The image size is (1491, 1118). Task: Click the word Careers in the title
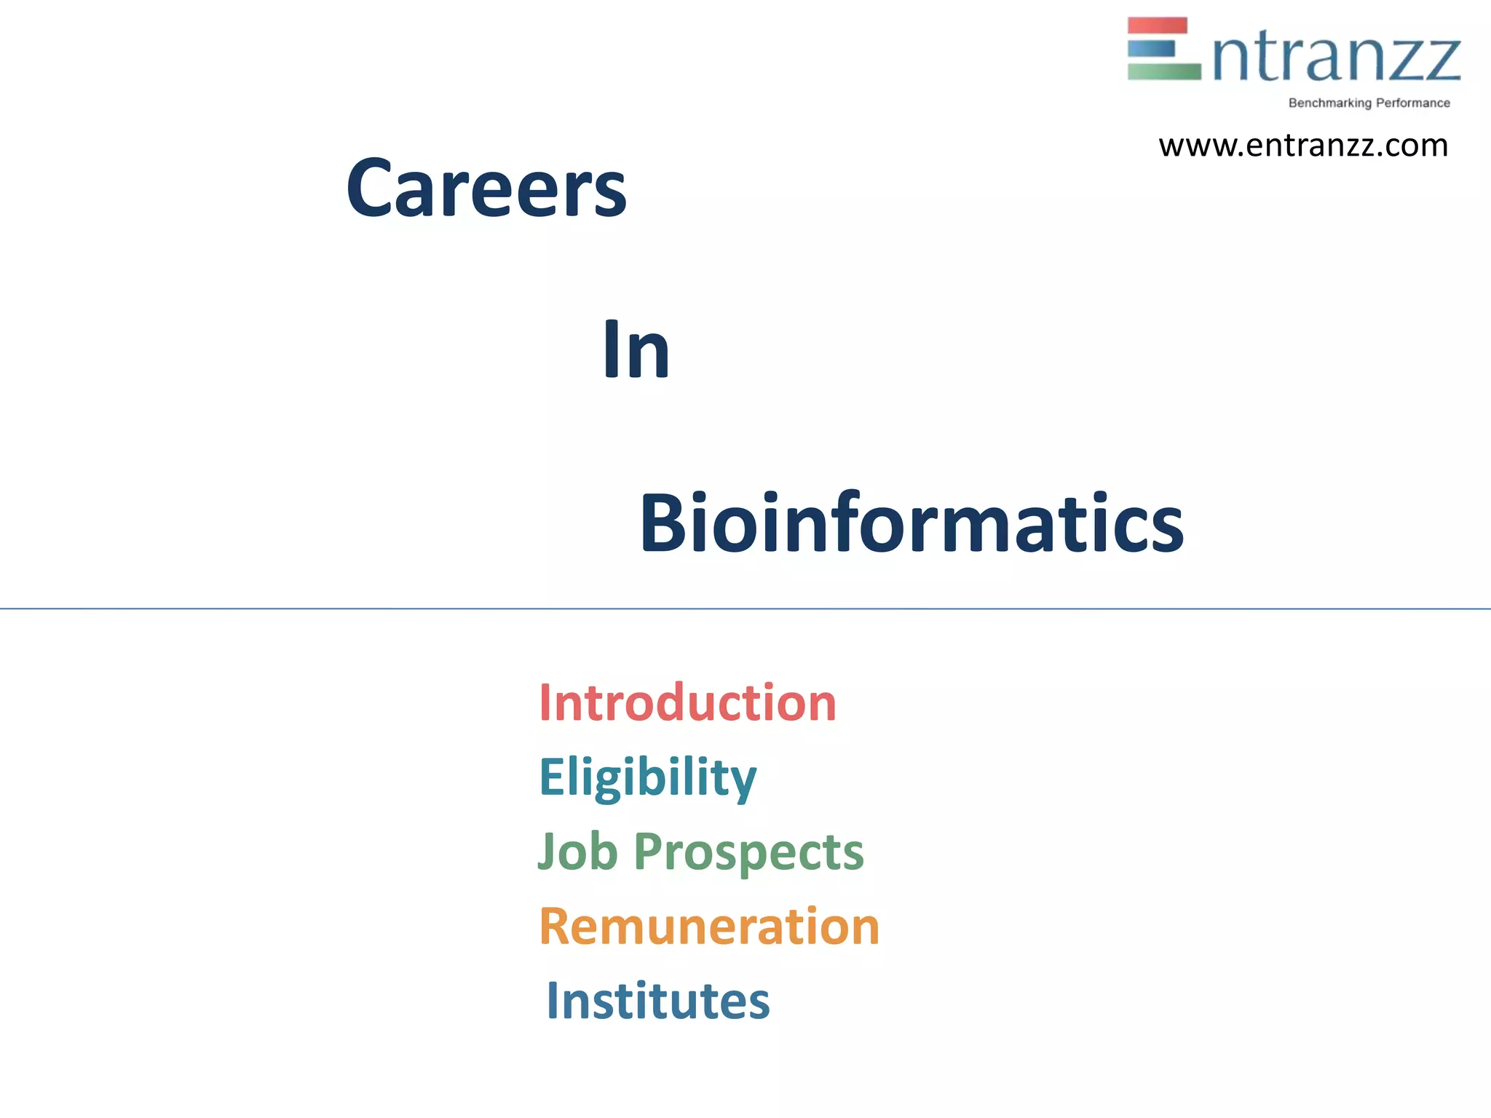pos(486,188)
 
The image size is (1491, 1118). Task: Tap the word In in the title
pos(636,350)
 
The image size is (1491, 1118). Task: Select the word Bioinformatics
pos(911,523)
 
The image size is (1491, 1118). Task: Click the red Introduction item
pos(687,703)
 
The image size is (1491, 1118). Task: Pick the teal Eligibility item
pos(647,777)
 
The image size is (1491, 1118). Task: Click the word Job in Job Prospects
pos(578,851)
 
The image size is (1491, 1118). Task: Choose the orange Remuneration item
pos(709,927)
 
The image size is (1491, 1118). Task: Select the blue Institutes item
pos(657,1001)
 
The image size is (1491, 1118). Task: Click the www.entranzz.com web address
pos(1303,146)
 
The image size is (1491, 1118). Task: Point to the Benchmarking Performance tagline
pos(1369,103)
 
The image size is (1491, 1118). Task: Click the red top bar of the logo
pos(1157,25)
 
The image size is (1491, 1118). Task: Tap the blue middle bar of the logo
pos(1151,49)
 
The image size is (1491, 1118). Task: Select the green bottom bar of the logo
pos(1163,71)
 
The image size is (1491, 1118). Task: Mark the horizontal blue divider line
pos(745,608)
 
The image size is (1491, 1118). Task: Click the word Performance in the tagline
pos(1412,103)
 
